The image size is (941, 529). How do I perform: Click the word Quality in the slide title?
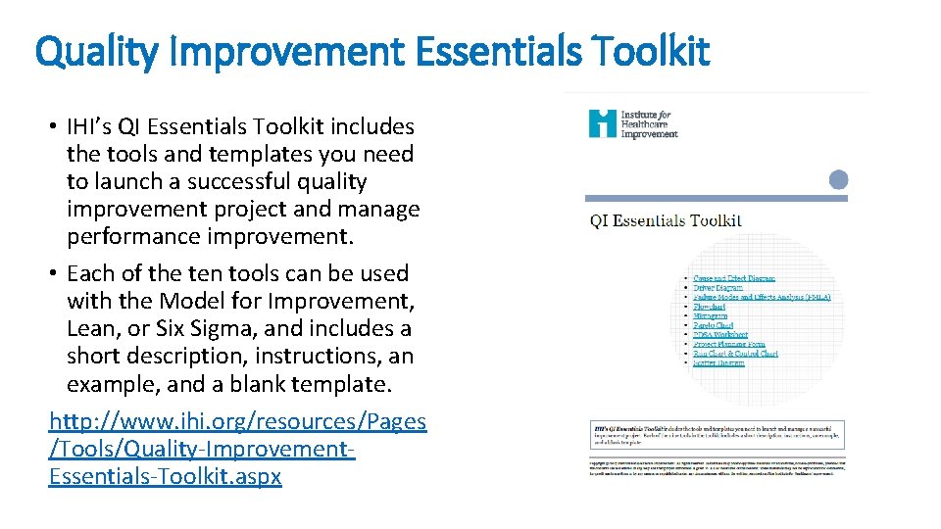(94, 51)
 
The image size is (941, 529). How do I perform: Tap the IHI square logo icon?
(602, 123)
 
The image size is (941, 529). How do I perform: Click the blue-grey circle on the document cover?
(838, 179)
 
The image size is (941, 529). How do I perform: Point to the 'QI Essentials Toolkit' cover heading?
(666, 220)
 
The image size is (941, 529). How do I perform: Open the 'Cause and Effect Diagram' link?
(734, 278)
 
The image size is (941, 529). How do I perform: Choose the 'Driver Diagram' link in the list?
(718, 288)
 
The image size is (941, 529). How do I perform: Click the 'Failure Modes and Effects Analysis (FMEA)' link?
(763, 297)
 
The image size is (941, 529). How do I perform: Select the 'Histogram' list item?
(711, 316)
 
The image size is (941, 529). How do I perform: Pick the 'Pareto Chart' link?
(713, 325)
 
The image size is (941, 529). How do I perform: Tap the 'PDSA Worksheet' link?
(720, 335)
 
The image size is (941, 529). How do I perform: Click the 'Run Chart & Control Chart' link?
(735, 354)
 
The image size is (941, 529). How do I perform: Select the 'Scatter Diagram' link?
(718, 363)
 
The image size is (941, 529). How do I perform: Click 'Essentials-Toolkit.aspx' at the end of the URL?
(165, 476)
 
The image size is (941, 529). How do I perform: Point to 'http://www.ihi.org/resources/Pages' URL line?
(238, 421)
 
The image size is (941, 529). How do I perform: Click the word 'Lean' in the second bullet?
(92, 328)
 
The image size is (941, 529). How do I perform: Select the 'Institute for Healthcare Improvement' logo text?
(648, 124)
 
